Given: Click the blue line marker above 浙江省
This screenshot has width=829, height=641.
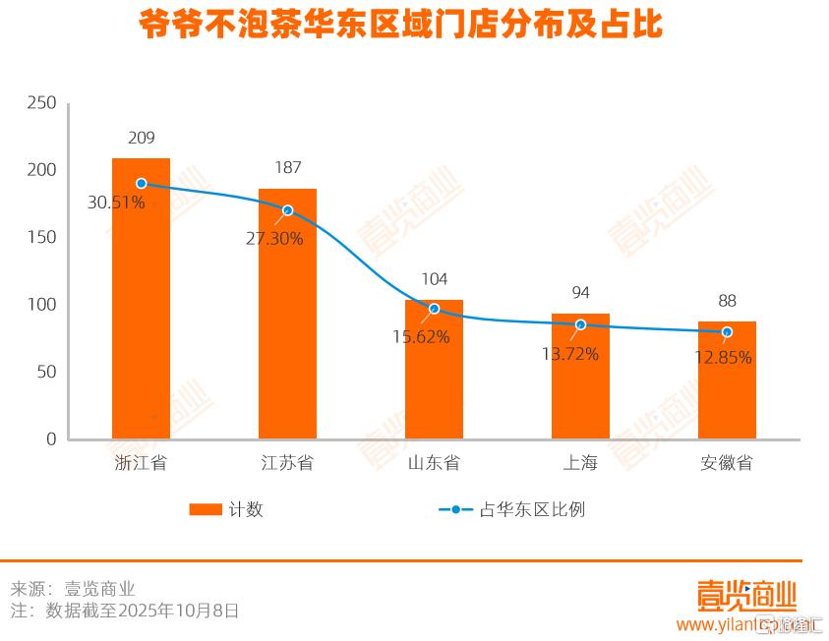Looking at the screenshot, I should pos(142,184).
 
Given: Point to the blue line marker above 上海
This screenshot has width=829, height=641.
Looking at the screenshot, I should pos(580,324).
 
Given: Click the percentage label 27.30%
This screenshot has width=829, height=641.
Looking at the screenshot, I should pos(274,238).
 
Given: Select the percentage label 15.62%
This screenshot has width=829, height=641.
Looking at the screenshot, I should pos(421,337).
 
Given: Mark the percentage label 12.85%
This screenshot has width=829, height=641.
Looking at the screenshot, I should pos(723,358).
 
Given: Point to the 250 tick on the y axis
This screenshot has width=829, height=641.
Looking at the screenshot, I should pos(42,103).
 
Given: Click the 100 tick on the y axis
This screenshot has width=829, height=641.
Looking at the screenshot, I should pos(42,305).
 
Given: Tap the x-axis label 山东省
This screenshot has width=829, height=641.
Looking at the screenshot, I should pos(434,463).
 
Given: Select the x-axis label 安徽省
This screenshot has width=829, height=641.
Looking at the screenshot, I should pos(727,463).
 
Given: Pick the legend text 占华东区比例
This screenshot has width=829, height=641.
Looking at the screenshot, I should pos(532,509).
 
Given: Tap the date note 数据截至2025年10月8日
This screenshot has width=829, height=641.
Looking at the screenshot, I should pos(142,611).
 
